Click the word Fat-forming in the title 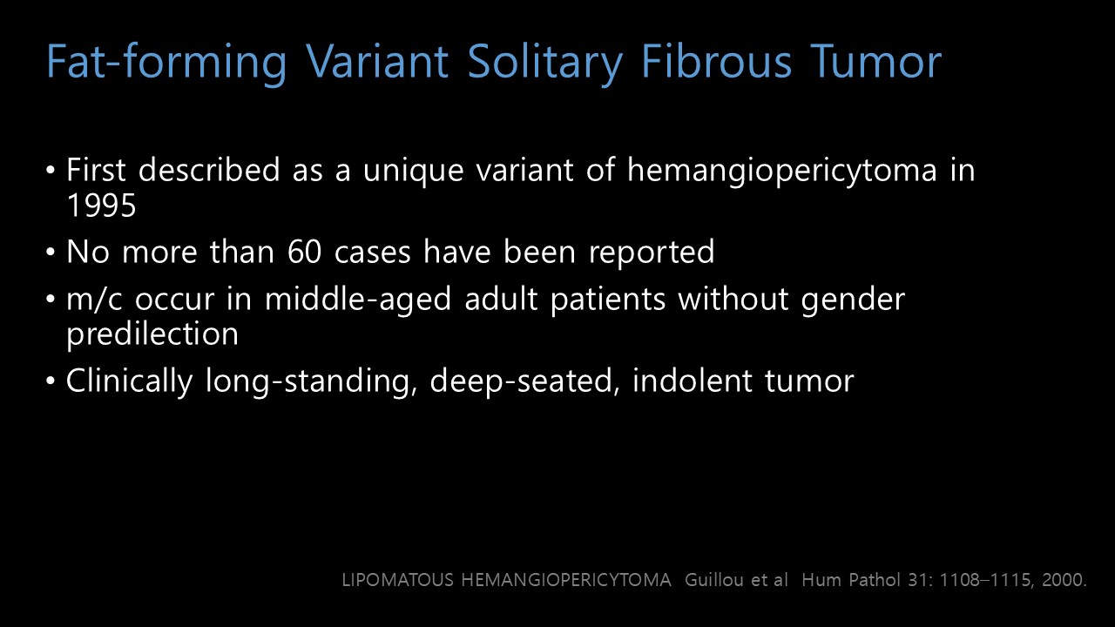pos(166,62)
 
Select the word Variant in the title pos(377,61)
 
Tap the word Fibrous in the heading pos(716,61)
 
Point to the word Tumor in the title pos(875,61)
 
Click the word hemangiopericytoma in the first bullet pos(782,172)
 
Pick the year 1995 pos(101,205)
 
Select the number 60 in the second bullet pos(305,252)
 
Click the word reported pos(652,253)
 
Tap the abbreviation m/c pos(94,300)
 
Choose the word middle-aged pos(358,300)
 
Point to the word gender pos(853,300)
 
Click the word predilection pos(152,334)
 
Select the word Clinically pos(130,381)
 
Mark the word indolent pos(693,381)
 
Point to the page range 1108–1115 pos(978,580)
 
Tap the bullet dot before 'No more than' pos(51,253)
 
